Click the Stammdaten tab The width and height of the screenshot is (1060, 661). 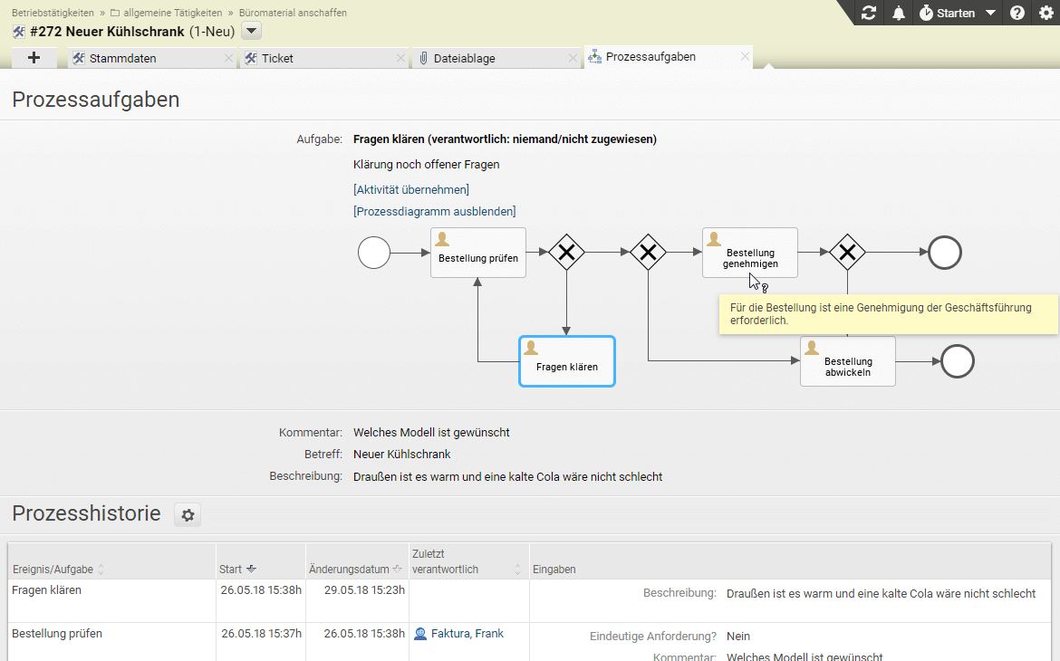(122, 58)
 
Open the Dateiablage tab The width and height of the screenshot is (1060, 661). (464, 58)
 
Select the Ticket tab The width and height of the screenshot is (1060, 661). (277, 58)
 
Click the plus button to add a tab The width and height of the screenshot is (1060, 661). (34, 58)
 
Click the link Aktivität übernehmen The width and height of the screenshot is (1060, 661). (411, 190)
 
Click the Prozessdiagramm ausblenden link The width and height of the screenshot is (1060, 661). (435, 212)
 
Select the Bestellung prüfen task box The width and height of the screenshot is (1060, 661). (478, 253)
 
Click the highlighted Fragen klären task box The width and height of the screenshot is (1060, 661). (566, 361)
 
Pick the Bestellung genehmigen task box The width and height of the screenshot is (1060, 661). (750, 253)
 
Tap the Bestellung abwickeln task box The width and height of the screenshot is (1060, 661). (848, 361)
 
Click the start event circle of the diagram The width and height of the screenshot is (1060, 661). (374, 253)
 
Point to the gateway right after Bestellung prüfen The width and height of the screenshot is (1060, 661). (566, 253)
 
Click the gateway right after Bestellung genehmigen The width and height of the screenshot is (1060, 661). (848, 253)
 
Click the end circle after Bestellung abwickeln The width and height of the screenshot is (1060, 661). (958, 361)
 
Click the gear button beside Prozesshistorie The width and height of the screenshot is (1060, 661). (188, 515)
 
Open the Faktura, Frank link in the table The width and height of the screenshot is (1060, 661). (467, 634)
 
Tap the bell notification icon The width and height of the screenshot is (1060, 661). (899, 13)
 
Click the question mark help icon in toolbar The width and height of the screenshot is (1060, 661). (1017, 13)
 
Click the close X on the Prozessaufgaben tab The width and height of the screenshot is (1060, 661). (745, 57)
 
